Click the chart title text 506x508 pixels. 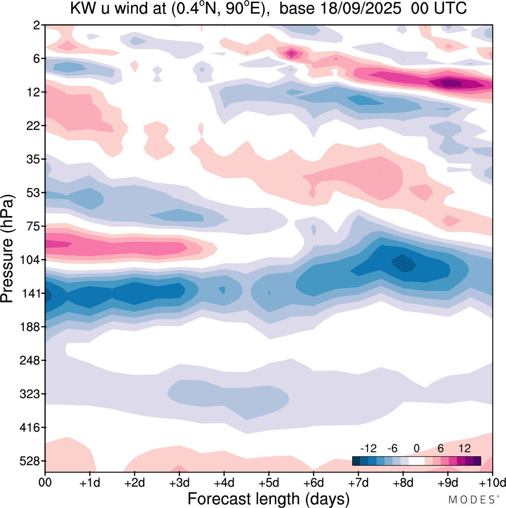pos(268,8)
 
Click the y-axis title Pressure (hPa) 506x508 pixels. pos(8,249)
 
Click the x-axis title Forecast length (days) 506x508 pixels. pos(268,499)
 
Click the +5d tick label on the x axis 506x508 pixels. pos(269,483)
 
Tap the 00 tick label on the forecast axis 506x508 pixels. pos(45,483)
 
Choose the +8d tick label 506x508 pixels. pos(403,483)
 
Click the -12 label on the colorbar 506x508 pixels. pos(368,448)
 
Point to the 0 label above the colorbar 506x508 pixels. pos(416,448)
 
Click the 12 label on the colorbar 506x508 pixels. pos(465,448)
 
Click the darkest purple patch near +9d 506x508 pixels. pos(451,83)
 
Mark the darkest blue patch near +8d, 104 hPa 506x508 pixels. pos(404,263)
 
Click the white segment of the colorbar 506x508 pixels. pos(416,461)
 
